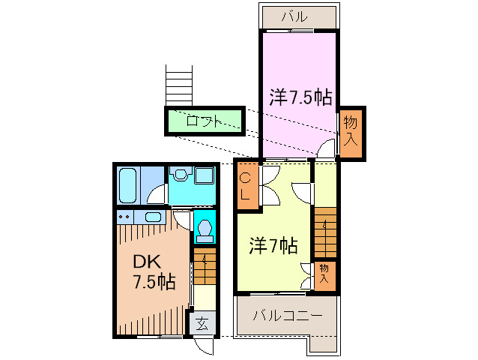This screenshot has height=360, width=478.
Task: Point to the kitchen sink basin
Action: (154, 217)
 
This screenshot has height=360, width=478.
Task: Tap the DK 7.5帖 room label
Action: (154, 271)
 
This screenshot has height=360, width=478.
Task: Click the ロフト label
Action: (204, 121)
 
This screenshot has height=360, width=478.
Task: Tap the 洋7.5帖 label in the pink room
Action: (300, 97)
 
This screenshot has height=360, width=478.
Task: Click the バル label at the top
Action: (297, 16)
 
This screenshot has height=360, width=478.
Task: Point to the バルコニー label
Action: (287, 316)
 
